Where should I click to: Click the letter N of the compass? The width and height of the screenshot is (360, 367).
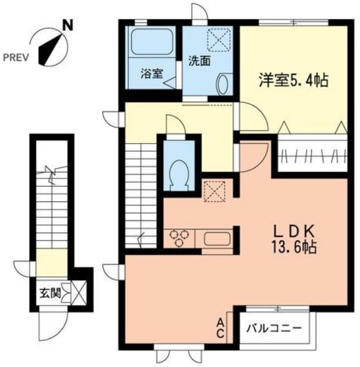point(68,26)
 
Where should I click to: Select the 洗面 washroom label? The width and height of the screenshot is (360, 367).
point(199,61)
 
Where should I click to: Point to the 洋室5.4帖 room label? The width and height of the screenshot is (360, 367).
point(293,80)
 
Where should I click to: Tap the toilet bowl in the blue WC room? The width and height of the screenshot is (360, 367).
point(179,171)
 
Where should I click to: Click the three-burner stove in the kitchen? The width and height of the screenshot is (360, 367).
point(180,237)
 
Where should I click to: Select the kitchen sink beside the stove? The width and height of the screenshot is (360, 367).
point(216,238)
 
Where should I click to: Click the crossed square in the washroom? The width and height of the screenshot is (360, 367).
point(219,40)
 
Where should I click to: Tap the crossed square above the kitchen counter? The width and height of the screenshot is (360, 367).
point(215,192)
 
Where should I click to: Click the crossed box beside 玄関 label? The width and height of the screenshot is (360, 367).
point(78,291)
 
